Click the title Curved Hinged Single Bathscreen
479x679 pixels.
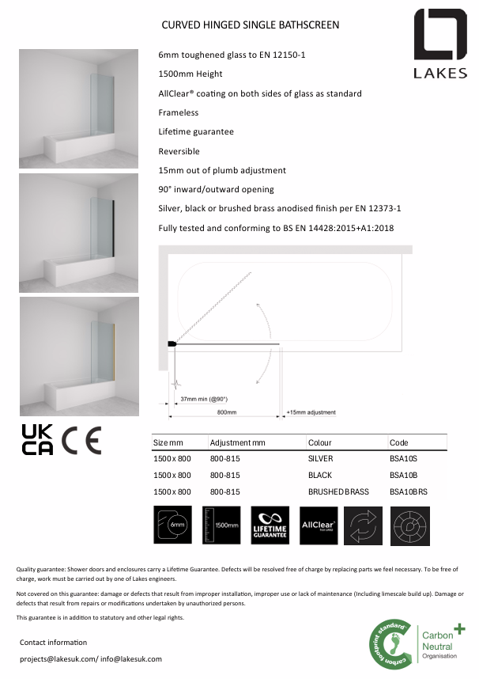[x=250, y=25]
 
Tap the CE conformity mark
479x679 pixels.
[x=82, y=440]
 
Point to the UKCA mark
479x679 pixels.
[x=37, y=440]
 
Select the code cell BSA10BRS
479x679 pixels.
[x=408, y=491]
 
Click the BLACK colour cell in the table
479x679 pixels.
[x=320, y=476]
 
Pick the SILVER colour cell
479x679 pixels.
[x=320, y=459]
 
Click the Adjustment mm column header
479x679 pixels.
[x=238, y=442]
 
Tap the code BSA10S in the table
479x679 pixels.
[x=403, y=459]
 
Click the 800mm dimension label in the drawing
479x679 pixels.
[x=227, y=412]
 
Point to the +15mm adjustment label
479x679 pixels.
[x=311, y=412]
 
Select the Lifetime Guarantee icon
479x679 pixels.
[x=270, y=525]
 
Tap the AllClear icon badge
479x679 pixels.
[x=319, y=525]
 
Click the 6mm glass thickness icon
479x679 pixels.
[x=172, y=525]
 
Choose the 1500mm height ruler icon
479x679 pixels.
[x=221, y=525]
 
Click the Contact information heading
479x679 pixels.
[x=53, y=642]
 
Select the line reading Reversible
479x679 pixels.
[x=179, y=151]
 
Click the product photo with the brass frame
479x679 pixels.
[x=79, y=356]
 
